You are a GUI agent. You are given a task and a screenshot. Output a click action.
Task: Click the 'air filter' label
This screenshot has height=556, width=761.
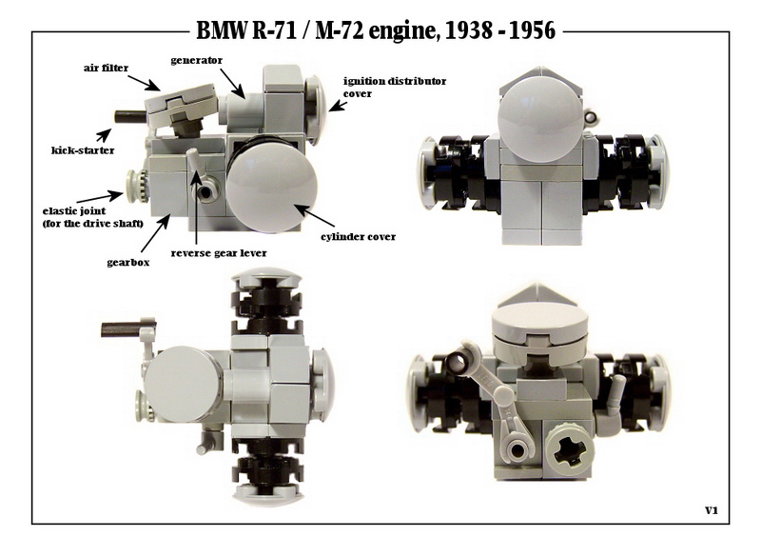pos(106,68)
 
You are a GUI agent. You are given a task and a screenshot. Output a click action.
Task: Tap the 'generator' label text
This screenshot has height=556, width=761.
pos(197,61)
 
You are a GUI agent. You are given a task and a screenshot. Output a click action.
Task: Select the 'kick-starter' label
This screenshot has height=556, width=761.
pos(83,150)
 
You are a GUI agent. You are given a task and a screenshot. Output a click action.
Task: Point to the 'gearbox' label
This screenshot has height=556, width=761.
pos(128,263)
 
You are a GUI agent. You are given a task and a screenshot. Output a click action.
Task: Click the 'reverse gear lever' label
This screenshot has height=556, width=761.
pos(219,253)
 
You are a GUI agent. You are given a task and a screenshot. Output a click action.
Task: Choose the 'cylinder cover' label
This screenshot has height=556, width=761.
pos(359,237)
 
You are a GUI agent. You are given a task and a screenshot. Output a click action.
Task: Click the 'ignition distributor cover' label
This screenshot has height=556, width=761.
pos(395,87)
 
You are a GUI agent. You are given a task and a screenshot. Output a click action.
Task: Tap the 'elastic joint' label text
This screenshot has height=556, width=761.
pos(74,211)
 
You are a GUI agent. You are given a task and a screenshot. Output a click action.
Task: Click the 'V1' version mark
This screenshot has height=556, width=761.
pos(711,510)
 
